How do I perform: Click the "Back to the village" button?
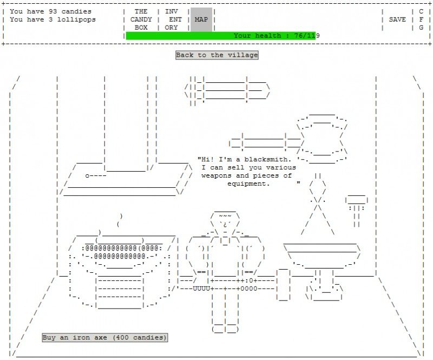pyautogui.click(x=216, y=55)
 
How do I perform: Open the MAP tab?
pyautogui.click(x=201, y=19)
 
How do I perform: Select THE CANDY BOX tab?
pyautogui.click(x=141, y=19)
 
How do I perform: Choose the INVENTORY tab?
pyautogui.click(x=171, y=19)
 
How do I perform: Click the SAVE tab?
pyautogui.click(x=397, y=19)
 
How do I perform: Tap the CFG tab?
pyautogui.click(x=421, y=19)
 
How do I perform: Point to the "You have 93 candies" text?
pyautogui.click(x=50, y=11)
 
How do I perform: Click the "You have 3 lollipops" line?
pyautogui.click(x=53, y=19)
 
